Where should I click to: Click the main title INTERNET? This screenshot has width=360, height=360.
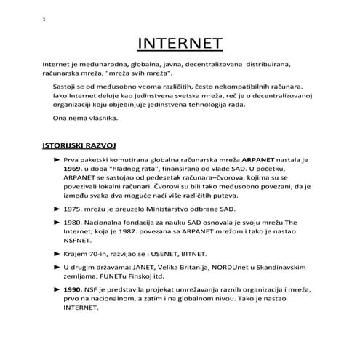(180, 44)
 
